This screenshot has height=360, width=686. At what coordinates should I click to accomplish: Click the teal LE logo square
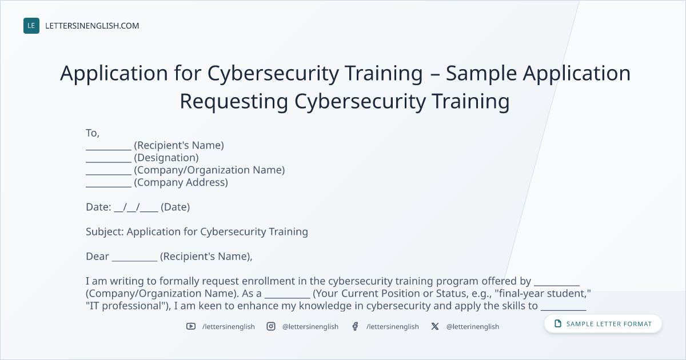click(31, 26)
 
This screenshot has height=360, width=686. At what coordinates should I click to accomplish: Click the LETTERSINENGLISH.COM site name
click(92, 26)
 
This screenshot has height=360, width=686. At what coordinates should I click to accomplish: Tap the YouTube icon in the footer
click(191, 326)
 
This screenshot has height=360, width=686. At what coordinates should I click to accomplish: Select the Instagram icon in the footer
click(271, 326)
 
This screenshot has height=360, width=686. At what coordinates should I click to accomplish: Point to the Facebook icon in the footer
click(355, 326)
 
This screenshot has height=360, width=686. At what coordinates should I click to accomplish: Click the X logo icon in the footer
click(435, 326)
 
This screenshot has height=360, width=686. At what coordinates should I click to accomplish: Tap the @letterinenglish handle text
click(473, 327)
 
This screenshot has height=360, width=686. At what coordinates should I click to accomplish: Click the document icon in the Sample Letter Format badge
click(558, 323)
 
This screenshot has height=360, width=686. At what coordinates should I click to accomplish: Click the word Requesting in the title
click(234, 102)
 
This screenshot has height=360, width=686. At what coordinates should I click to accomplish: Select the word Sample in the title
click(481, 74)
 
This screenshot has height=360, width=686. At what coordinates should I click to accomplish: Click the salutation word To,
click(93, 133)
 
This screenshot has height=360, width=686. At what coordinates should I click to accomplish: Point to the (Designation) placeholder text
click(166, 158)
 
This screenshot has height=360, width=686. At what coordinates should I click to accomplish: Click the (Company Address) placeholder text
click(181, 182)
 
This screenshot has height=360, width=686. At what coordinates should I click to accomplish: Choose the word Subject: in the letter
click(105, 232)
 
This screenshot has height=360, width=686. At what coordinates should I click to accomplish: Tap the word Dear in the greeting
click(97, 256)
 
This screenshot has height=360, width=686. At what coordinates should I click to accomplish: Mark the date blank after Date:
click(136, 208)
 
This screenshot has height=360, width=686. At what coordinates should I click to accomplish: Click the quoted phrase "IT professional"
click(127, 306)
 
